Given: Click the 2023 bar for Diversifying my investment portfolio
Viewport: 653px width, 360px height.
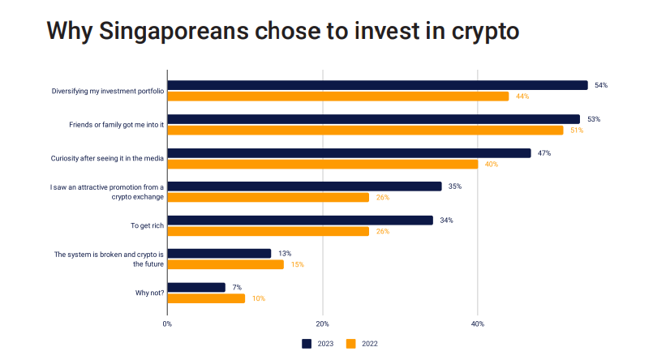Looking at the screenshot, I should pyautogui.click(x=377, y=85).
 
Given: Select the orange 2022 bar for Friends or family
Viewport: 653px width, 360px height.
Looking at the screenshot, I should pyautogui.click(x=365, y=130).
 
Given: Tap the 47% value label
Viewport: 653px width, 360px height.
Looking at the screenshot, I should pyautogui.click(x=544, y=152).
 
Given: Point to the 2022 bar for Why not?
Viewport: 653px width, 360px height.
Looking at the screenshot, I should pyautogui.click(x=206, y=298).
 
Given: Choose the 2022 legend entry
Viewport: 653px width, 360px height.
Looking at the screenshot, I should pyautogui.click(x=362, y=344).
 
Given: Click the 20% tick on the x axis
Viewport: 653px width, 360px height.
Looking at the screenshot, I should pyautogui.click(x=322, y=324).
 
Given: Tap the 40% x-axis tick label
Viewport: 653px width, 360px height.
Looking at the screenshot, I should pyautogui.click(x=478, y=324).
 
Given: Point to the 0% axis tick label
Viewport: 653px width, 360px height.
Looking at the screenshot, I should pyautogui.click(x=167, y=324).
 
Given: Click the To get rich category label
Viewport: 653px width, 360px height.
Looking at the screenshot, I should pyautogui.click(x=147, y=225).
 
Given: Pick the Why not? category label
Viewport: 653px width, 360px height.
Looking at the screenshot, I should pyautogui.click(x=149, y=293).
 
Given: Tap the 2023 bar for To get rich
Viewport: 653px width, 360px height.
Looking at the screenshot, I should pyautogui.click(x=300, y=220).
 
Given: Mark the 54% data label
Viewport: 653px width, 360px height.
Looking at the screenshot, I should pyautogui.click(x=601, y=85).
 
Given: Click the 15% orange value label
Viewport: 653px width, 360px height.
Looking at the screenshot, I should pyautogui.click(x=297, y=264).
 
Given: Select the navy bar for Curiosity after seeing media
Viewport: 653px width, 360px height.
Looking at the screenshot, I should pyautogui.click(x=349, y=152).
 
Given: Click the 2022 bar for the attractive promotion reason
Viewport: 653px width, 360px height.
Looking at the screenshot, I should pyautogui.click(x=268, y=197).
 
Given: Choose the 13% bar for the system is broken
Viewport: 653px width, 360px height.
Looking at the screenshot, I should pyautogui.click(x=219, y=254).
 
